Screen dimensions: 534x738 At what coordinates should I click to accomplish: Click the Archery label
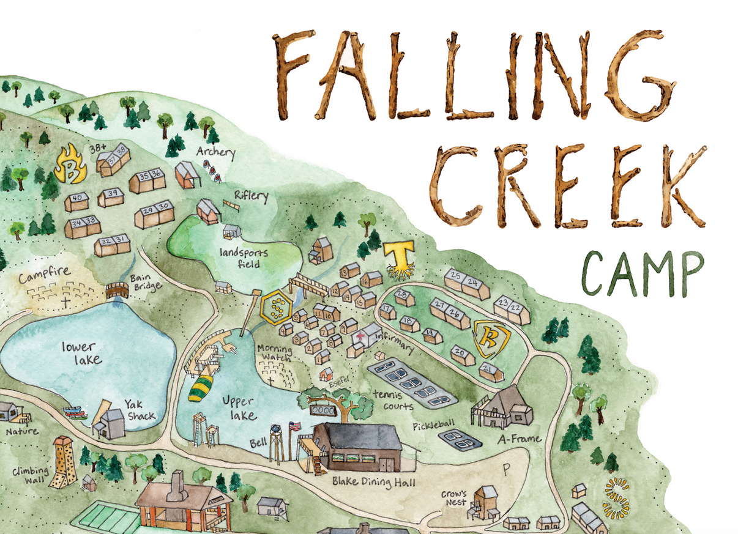tap(215, 152)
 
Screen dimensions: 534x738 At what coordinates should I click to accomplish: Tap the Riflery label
tap(251, 196)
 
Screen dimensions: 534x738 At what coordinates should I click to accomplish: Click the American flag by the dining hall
tap(294, 426)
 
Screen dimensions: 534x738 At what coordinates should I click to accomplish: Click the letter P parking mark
tap(506, 467)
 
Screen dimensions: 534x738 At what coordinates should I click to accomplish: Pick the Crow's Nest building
tap(487, 501)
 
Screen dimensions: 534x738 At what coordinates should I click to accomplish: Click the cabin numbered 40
tap(77, 200)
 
